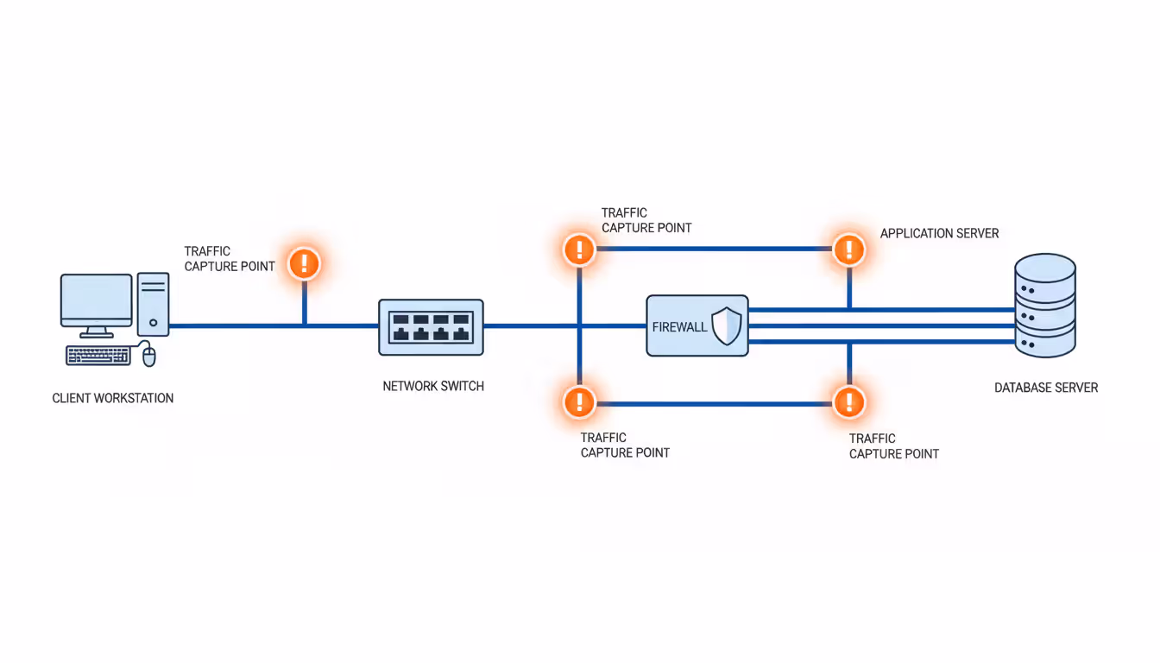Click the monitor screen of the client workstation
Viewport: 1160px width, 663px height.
tap(97, 300)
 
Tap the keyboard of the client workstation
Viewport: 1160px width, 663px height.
tap(98, 355)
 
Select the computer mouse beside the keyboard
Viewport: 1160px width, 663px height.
tap(149, 355)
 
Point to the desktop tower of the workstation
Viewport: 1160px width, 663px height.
tap(154, 304)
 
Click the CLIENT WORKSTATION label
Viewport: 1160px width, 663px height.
tap(113, 399)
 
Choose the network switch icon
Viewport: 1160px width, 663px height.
tap(431, 327)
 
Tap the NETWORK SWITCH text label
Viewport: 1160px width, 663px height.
tap(433, 387)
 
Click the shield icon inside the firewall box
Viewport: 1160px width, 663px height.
tap(727, 326)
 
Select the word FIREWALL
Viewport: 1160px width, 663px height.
tap(679, 327)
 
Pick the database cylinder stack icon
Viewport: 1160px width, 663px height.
tap(1045, 305)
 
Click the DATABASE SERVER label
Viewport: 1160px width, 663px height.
tap(1046, 388)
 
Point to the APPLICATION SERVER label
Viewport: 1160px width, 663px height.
tap(939, 234)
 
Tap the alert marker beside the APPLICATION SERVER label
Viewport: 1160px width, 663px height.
tap(849, 249)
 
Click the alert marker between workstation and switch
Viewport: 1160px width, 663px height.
tap(304, 262)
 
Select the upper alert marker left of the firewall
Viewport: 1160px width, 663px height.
tap(579, 249)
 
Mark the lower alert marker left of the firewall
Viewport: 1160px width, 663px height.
tap(579, 401)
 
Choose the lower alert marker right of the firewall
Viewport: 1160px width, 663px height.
tap(849, 401)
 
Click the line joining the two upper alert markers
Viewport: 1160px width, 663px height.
tap(714, 249)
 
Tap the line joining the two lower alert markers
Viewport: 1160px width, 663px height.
tap(714, 403)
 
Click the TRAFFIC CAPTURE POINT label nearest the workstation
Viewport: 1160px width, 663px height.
tap(230, 259)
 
